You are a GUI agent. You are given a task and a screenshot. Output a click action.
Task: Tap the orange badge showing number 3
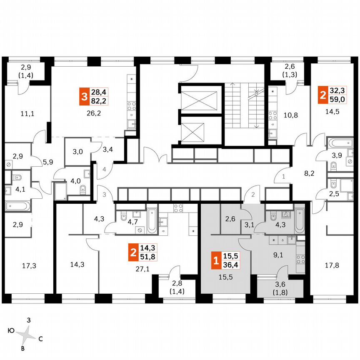85,97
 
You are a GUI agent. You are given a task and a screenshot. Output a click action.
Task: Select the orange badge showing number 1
216,261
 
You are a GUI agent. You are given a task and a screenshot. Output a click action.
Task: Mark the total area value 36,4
229,265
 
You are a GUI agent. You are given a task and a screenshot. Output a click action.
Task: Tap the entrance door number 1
284,177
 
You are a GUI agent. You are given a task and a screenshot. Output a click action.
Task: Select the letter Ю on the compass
11,331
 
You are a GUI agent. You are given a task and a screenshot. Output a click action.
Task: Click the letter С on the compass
40,339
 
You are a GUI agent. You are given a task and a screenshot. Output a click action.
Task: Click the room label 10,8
289,113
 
